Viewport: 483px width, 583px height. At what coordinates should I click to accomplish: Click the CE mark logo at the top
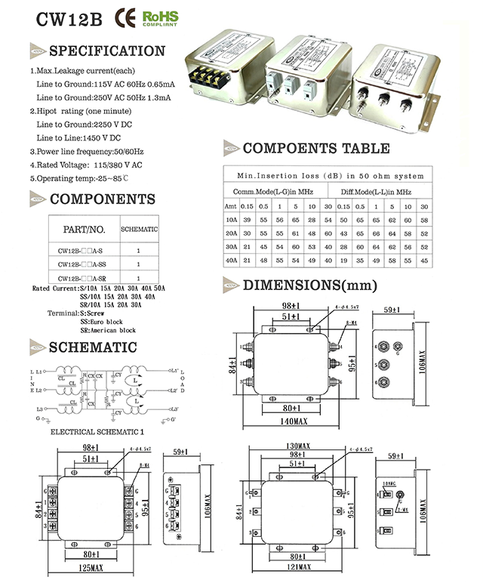tap(126, 18)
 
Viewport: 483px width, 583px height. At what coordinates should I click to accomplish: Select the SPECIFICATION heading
tap(106, 51)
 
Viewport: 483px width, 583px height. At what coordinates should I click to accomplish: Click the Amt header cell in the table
tap(231, 206)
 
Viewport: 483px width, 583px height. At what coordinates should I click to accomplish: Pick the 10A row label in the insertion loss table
tap(231, 219)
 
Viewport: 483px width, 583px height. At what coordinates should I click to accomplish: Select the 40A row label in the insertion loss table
tap(231, 260)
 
